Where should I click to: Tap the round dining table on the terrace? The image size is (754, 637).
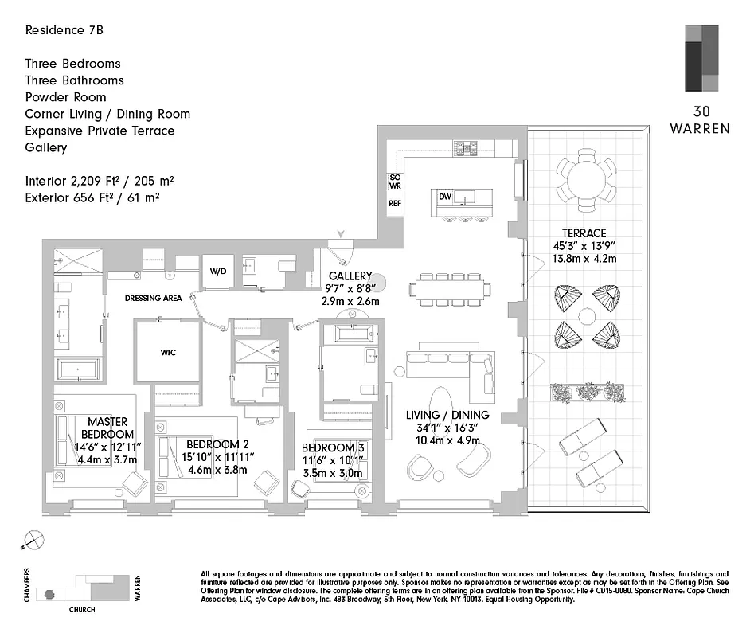click(x=588, y=181)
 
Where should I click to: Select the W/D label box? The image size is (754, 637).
click(x=217, y=271)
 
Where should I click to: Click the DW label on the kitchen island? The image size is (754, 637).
click(x=445, y=195)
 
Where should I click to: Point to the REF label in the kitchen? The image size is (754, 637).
click(x=395, y=204)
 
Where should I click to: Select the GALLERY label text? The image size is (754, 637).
click(x=351, y=276)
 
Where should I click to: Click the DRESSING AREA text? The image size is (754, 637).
click(x=154, y=299)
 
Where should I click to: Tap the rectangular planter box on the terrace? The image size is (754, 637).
click(x=588, y=392)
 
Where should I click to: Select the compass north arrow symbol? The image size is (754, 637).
click(x=30, y=539)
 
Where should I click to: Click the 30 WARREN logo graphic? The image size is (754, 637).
click(x=701, y=58)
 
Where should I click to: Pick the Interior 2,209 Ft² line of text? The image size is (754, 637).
click(x=100, y=182)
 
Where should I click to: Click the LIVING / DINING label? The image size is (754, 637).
click(x=447, y=416)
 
